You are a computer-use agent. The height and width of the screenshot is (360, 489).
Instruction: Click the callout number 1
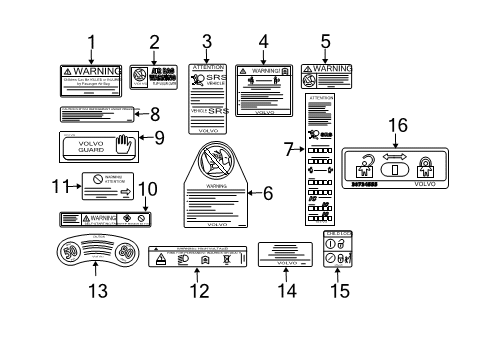tap(91, 42)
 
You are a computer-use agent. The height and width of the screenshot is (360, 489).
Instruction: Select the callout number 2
tap(154, 42)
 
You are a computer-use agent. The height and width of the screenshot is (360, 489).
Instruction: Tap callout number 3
tap(207, 42)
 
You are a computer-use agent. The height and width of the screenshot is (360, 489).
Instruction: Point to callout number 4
tap(264, 42)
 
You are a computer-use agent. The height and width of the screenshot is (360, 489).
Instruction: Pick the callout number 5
tap(325, 42)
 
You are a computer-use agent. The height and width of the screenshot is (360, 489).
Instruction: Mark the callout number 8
tap(154, 114)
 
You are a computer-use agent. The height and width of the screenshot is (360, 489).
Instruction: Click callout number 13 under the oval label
tap(95, 291)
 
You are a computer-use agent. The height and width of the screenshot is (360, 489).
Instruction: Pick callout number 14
tap(287, 291)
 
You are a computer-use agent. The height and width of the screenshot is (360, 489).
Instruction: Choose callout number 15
tap(341, 291)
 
